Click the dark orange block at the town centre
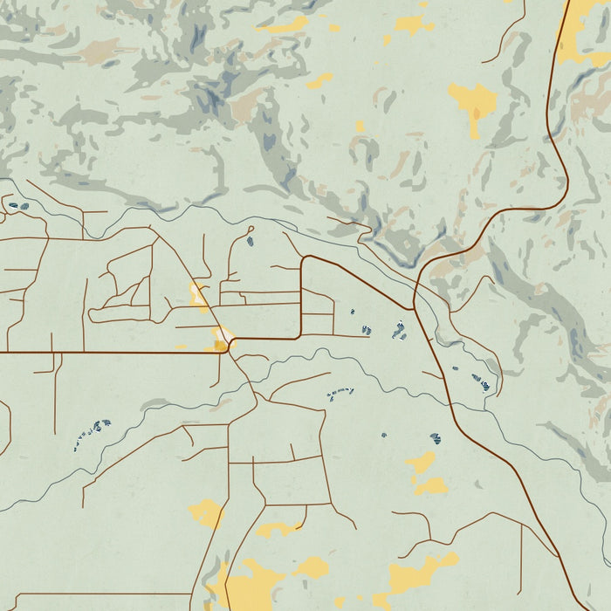219,347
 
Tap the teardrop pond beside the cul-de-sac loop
251,239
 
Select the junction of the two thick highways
414,308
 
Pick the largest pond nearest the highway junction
399,330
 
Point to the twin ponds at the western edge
17,207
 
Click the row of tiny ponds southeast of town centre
340,394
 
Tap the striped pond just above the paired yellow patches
435,439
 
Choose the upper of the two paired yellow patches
422,462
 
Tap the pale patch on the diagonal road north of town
200,297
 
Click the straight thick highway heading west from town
105,353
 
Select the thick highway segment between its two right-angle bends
301,297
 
